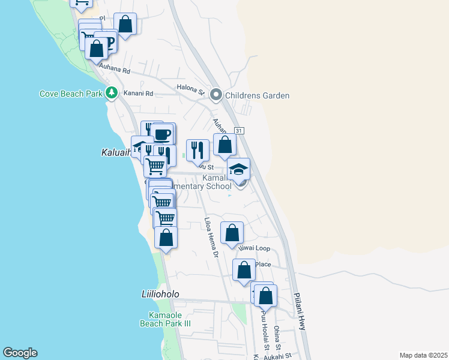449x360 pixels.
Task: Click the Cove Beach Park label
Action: [x=71, y=94]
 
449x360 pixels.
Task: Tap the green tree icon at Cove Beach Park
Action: [x=111, y=93]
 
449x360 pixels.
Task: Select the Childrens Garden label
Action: [x=257, y=95]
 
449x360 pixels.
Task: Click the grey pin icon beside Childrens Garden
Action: [x=217, y=95]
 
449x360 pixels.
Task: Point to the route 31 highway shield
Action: [x=239, y=130]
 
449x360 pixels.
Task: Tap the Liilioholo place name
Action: [x=160, y=295]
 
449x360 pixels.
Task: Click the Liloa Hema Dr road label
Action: [x=211, y=238]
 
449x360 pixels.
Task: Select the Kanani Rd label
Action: [x=139, y=94]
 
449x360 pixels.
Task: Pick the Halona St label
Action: [x=191, y=89]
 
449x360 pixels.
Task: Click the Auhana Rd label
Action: [x=115, y=70]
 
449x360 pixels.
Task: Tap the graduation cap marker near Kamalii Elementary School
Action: [x=238, y=169]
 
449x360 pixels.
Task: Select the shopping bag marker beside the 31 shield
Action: [x=224, y=145]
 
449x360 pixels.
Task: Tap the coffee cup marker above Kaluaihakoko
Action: [x=162, y=134]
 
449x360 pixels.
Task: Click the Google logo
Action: [x=19, y=353]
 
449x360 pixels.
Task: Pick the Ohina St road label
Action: [x=278, y=338]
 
